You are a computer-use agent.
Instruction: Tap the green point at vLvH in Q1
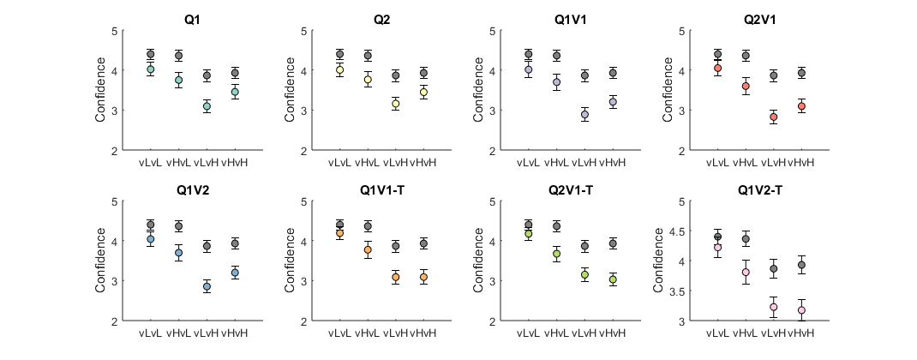(206, 106)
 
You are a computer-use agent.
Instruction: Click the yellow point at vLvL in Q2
(340, 69)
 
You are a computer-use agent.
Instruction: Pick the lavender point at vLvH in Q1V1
(585, 114)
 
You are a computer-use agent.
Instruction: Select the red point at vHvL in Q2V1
(746, 86)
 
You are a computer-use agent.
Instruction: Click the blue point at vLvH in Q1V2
(206, 286)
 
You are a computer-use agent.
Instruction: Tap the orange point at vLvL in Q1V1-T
(340, 233)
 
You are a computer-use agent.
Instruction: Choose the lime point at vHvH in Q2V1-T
(613, 279)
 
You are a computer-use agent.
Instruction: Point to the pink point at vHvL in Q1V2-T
(746, 272)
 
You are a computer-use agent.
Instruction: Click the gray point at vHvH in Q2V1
(801, 73)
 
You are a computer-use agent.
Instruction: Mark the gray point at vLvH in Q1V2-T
(774, 268)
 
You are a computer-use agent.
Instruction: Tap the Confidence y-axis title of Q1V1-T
(291, 261)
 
